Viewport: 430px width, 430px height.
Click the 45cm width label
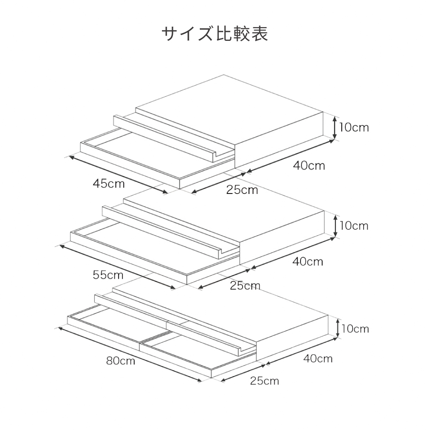pos(109,184)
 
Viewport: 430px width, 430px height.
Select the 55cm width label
pos(108,274)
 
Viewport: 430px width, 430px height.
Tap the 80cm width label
pos(120,360)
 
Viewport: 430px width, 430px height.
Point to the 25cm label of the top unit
pos(242,189)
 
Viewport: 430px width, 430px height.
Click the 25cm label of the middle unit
pos(245,285)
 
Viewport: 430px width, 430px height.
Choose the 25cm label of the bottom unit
pos(264,381)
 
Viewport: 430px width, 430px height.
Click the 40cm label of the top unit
pos(309,166)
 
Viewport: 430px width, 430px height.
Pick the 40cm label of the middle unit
pos(307,261)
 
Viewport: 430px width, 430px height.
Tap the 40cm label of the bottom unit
pos(317,358)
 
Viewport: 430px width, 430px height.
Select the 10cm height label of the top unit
pos(353,127)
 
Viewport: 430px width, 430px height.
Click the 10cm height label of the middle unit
pos(353,225)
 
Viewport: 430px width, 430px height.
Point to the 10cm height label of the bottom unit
pos(355,329)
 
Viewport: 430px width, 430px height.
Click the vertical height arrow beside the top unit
pos(335,127)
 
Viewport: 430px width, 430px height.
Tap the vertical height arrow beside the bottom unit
pos(338,329)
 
